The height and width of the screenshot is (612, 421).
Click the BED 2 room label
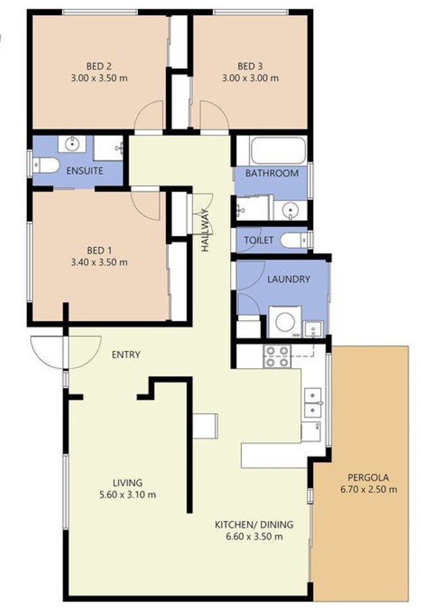tap(99, 66)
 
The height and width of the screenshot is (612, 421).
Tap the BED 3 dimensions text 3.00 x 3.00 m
tap(250, 78)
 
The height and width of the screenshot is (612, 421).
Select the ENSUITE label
tap(85, 171)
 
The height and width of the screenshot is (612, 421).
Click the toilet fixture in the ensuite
tap(45, 165)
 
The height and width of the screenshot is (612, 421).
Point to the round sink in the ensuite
tap(72, 144)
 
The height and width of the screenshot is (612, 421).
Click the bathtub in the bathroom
tap(278, 150)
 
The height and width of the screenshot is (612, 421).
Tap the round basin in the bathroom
tap(290, 211)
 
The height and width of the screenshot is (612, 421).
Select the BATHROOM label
tap(272, 173)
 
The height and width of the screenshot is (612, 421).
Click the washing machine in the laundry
tap(285, 322)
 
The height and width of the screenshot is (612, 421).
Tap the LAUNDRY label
tap(289, 279)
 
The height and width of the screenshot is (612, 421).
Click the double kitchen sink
tap(313, 402)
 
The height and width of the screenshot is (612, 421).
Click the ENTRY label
tap(126, 354)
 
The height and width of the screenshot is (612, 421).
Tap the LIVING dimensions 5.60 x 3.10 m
tap(127, 495)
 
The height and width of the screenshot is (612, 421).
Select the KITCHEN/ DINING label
tap(254, 524)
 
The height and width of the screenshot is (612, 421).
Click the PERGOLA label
tap(368, 477)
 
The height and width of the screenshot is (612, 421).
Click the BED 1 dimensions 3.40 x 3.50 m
tap(99, 263)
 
